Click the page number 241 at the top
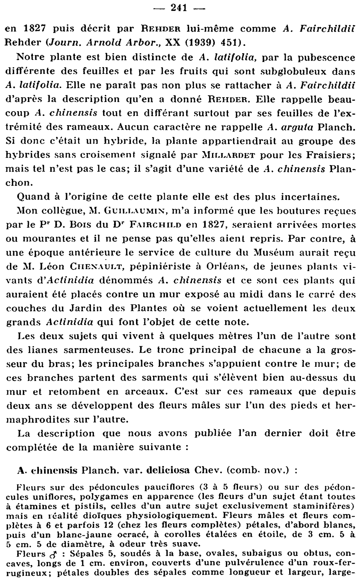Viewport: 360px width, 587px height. (x=180, y=8)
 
